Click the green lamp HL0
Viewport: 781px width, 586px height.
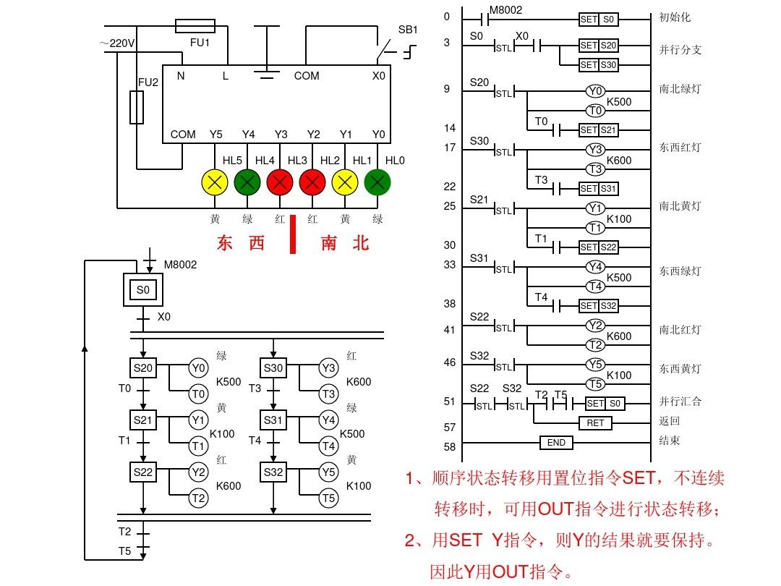point(377,183)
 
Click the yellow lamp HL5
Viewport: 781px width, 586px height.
point(215,183)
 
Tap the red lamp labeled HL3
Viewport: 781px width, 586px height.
point(312,183)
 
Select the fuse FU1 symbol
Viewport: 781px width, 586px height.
point(195,27)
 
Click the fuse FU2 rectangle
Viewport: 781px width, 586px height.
point(136,107)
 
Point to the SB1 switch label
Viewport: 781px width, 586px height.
point(408,30)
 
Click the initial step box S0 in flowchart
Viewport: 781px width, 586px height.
point(142,290)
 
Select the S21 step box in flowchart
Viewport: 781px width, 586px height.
point(142,419)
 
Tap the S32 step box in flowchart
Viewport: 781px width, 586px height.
point(273,472)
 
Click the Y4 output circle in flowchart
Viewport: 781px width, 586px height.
point(328,419)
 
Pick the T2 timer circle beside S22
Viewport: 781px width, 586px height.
point(198,498)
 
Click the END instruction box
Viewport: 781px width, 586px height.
point(556,442)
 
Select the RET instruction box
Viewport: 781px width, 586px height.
point(594,422)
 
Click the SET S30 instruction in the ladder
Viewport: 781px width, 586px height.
point(599,65)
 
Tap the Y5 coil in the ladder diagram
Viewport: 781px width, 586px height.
point(594,365)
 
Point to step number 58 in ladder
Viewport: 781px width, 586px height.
point(450,447)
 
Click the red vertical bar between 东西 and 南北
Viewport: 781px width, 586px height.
point(293,234)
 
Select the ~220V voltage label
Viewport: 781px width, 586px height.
point(117,43)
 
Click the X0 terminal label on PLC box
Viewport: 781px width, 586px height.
point(379,75)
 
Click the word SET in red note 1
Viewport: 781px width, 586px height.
point(638,478)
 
